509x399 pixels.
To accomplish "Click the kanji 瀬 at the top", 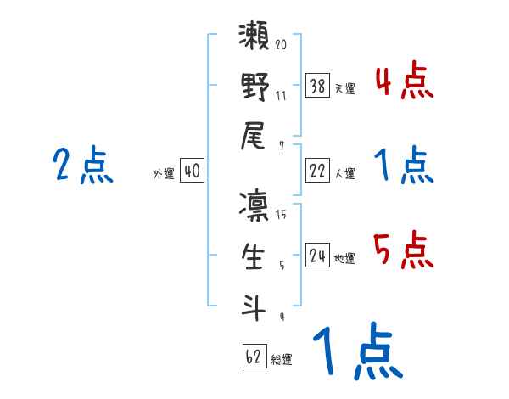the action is click(x=255, y=40).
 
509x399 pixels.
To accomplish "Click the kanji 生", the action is click(x=255, y=256).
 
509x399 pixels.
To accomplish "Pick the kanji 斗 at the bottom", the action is click(x=255, y=306).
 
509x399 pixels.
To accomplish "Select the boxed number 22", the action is click(x=317, y=171).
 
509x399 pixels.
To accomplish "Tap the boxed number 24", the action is click(x=317, y=255).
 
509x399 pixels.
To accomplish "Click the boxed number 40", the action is click(x=192, y=171).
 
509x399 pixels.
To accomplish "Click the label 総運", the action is click(x=282, y=360).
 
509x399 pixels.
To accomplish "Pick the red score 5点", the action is click(x=404, y=250).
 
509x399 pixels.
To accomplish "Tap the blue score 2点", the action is click(x=82, y=165).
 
